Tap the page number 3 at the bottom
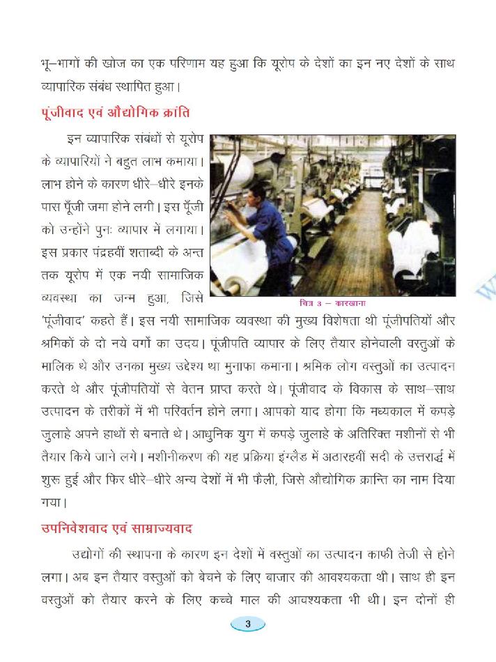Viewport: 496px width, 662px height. click(x=248, y=624)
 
